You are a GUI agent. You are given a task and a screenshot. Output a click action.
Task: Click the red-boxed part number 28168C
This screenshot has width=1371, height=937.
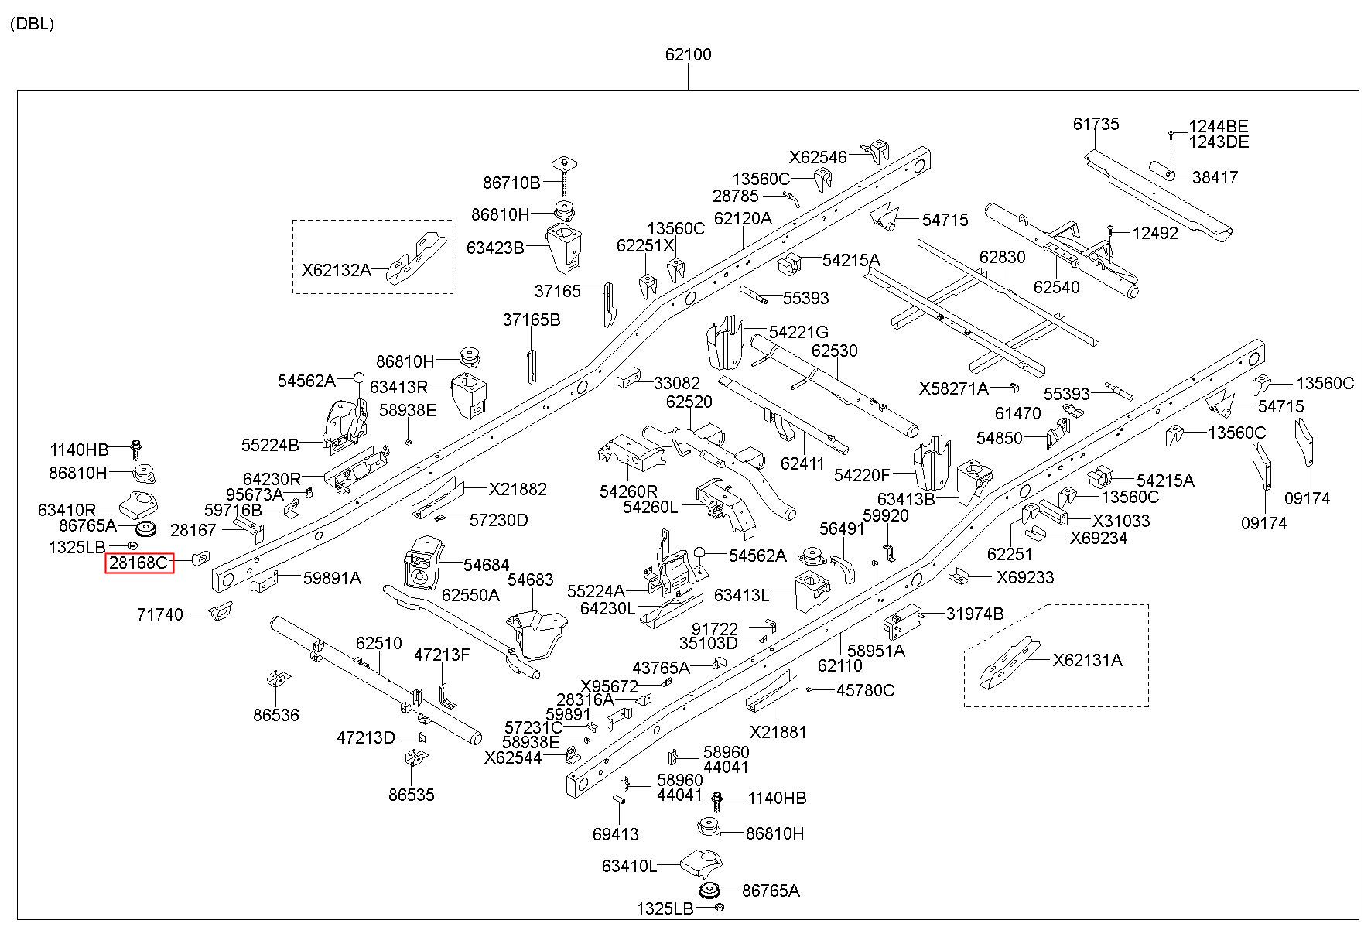(139, 563)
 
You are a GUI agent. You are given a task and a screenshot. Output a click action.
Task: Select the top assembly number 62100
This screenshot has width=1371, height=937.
(688, 55)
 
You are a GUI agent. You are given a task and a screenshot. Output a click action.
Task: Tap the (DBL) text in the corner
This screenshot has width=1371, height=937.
(32, 23)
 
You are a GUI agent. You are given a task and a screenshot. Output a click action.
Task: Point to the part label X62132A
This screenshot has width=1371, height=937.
(336, 270)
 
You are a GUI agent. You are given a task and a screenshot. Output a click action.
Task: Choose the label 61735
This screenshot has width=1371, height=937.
(1096, 124)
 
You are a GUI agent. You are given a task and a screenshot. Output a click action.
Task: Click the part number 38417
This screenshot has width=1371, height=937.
(1215, 177)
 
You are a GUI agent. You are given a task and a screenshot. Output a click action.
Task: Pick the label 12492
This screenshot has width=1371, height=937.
(1155, 233)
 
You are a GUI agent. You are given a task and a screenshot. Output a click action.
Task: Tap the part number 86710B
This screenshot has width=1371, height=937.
(511, 183)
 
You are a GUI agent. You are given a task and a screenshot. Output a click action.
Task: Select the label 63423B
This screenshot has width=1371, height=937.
(495, 248)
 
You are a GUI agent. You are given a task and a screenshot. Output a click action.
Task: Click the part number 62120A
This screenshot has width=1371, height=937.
(743, 218)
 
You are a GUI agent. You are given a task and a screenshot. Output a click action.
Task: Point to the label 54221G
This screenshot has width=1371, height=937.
(798, 332)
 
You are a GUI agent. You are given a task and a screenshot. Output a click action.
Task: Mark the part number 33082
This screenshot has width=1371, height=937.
(677, 383)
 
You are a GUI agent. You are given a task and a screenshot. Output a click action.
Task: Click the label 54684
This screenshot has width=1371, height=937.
(487, 566)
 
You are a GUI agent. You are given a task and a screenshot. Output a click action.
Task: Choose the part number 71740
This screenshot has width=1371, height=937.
(160, 614)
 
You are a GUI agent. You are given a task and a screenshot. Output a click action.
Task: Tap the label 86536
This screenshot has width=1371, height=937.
(276, 715)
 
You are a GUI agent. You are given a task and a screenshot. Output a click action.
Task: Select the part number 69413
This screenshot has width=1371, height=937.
(616, 834)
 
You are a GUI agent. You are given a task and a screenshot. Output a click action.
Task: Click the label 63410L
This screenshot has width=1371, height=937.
(629, 866)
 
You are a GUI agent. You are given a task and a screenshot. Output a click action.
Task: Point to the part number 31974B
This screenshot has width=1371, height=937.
(975, 614)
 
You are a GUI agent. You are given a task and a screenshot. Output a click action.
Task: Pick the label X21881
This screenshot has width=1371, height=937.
(778, 732)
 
